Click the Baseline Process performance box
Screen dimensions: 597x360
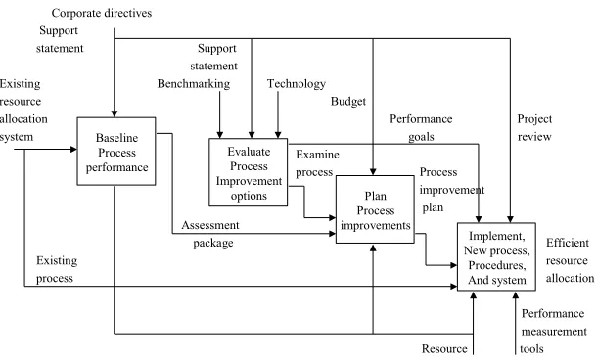click(116, 152)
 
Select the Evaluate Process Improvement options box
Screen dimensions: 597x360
click(249, 172)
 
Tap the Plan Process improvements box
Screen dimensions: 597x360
click(375, 209)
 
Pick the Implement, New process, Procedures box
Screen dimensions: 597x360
click(496, 257)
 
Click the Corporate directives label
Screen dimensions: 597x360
click(102, 13)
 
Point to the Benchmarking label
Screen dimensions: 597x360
click(194, 84)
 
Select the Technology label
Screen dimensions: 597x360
click(297, 84)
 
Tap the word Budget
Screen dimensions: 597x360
click(348, 101)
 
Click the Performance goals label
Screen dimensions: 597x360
click(421, 127)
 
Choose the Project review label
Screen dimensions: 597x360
click(534, 127)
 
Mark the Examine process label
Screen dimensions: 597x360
click(317, 163)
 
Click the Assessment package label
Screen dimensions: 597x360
click(210, 234)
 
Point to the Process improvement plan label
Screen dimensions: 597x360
click(452, 190)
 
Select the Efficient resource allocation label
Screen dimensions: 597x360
click(570, 260)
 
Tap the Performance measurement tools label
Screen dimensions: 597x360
click(554, 331)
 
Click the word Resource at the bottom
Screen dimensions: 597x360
click(444, 348)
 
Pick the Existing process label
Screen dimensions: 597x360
click(57, 269)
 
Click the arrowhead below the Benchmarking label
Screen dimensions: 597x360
click(219, 135)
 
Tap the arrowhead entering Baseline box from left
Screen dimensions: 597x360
click(73, 149)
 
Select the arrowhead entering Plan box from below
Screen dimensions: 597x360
click(373, 247)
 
